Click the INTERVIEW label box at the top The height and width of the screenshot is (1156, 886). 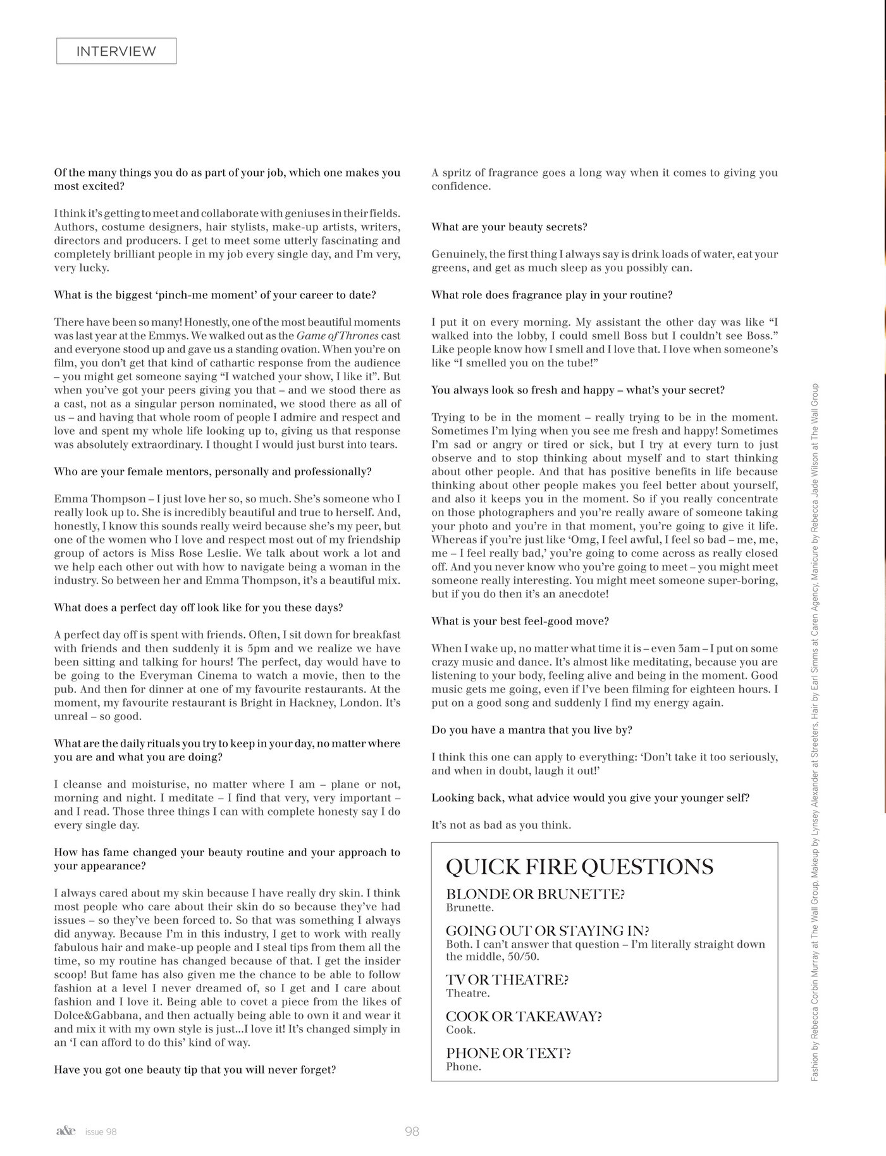116,51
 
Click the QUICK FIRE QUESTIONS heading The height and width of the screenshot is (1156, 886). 579,867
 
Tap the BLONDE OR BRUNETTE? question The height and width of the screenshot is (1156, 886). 535,894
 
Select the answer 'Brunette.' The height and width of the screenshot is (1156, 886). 470,907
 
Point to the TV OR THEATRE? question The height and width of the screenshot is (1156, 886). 507,979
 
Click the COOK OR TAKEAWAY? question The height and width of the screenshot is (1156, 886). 524,1016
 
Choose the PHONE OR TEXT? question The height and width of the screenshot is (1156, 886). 508,1053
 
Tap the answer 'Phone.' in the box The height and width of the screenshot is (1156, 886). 464,1067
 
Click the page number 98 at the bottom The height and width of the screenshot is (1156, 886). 412,1131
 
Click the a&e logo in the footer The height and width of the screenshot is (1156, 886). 65,1131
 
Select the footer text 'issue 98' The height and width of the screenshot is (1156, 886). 101,1132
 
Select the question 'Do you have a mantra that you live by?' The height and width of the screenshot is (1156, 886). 532,730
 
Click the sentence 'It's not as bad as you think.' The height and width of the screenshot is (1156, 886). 501,825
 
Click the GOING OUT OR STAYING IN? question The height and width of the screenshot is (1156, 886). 548,931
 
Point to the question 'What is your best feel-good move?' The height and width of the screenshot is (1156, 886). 520,621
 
